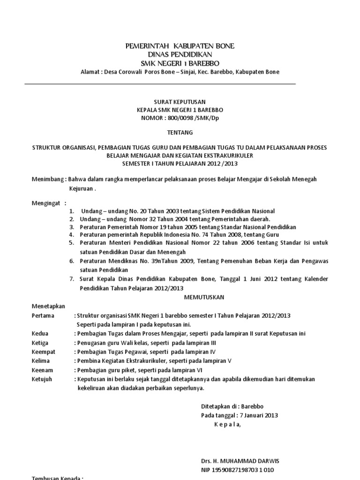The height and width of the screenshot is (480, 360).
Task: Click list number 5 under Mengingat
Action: pos(72,243)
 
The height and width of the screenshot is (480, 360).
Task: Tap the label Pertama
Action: pos(43,315)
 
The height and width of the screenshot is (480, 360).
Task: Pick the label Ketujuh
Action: pos(42,379)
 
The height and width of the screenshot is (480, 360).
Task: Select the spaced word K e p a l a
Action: pos(227,425)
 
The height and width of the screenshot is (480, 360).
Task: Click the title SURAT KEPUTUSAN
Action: pos(173,102)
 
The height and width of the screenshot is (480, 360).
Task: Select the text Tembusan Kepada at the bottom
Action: pos(57,478)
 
